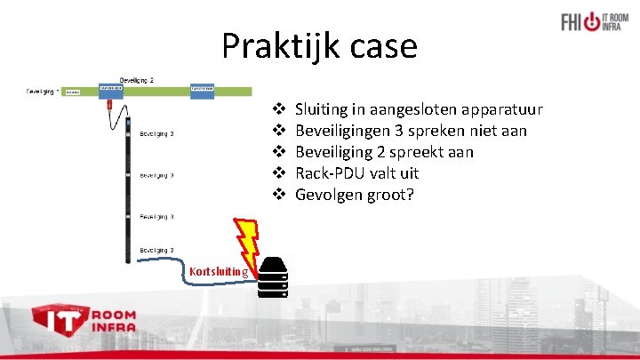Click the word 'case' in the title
tap(386, 46)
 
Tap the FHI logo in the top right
tap(596, 21)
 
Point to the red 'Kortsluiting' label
tap(219, 270)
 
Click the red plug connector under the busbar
tap(109, 106)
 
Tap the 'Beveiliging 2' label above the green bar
tap(137, 80)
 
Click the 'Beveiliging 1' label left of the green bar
tap(43, 91)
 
